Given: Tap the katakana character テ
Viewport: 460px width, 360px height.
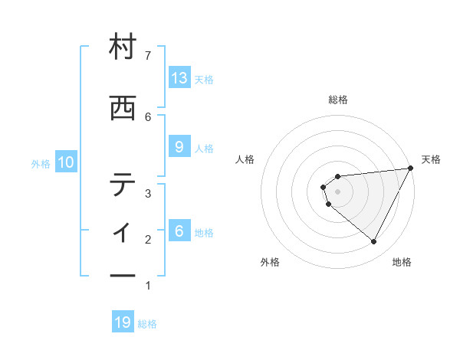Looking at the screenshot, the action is pyautogui.click(x=123, y=185).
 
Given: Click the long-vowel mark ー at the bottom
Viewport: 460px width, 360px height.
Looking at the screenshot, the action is pyautogui.click(x=123, y=275).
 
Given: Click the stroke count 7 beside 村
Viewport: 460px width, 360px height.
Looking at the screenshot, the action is pyautogui.click(x=148, y=54).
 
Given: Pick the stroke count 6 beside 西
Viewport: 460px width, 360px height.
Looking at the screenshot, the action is pyautogui.click(x=148, y=116).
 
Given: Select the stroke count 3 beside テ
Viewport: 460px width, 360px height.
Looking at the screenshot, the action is pyautogui.click(x=148, y=194).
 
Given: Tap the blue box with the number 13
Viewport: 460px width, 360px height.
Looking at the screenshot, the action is pyautogui.click(x=179, y=77).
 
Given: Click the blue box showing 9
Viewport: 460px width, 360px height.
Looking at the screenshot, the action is pyautogui.click(x=179, y=147).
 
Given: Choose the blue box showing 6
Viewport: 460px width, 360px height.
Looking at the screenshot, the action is pyautogui.click(x=179, y=231).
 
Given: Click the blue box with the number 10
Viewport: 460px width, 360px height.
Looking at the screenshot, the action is pyautogui.click(x=66, y=162).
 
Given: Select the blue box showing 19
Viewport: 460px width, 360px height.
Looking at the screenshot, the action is pyautogui.click(x=123, y=322).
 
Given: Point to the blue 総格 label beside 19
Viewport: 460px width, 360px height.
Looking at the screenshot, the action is pyautogui.click(x=147, y=324).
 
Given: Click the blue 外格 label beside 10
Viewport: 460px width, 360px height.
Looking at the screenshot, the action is pyautogui.click(x=41, y=163).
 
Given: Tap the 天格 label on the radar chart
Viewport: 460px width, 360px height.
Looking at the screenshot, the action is pyautogui.click(x=431, y=159).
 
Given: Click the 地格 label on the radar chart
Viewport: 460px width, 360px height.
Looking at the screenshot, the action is pyautogui.click(x=402, y=262).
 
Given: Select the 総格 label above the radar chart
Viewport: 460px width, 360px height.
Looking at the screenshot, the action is pyautogui.click(x=338, y=100).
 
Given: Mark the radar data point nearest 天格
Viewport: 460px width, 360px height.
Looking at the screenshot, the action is pyautogui.click(x=411, y=169).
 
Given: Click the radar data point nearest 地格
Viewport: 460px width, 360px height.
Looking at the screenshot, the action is pyautogui.click(x=373, y=241).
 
